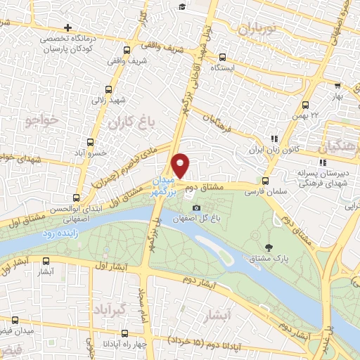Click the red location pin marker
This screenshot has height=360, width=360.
[x=181, y=165]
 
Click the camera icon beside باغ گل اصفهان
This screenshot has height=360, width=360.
[x=196, y=207]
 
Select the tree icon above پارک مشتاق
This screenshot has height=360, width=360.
[x=270, y=247]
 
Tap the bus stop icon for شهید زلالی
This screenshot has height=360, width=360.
[x=108, y=89]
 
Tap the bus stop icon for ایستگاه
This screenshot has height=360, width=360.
[x=222, y=58]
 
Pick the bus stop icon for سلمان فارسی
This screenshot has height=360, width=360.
[x=266, y=181]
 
